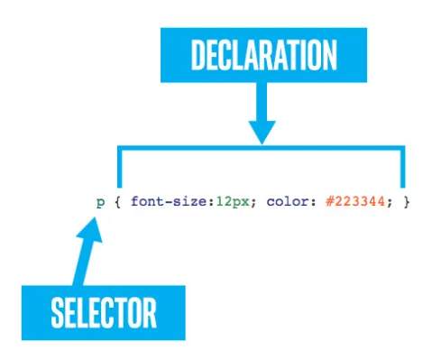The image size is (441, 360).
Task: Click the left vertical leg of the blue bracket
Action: point(117,166)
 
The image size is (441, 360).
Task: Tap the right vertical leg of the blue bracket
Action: point(402,166)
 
